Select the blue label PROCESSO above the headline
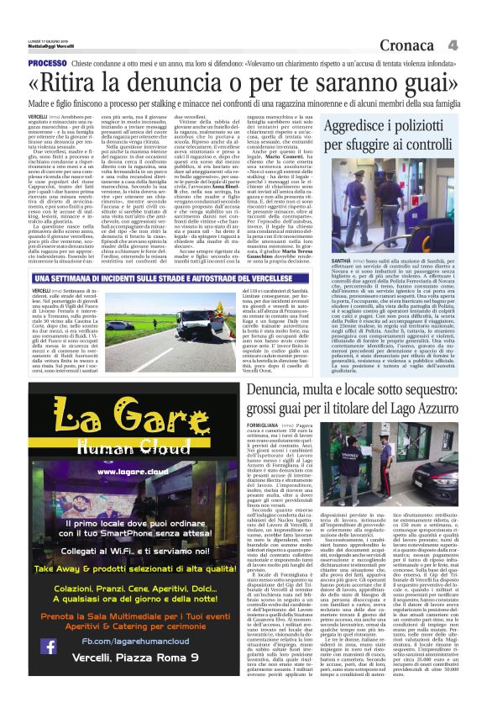[47, 64]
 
